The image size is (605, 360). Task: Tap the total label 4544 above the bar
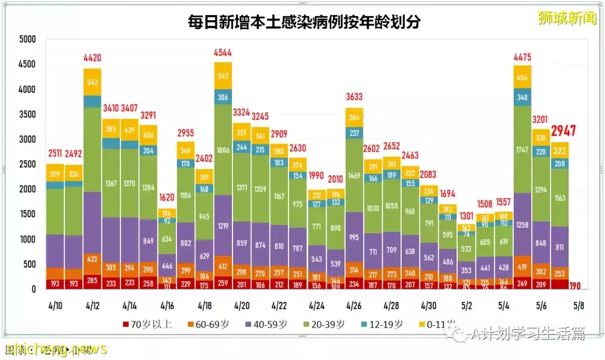[223, 53]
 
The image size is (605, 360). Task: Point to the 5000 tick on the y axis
[27, 40]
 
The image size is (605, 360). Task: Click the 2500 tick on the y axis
[27, 165]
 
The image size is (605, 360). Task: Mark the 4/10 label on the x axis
[55, 306]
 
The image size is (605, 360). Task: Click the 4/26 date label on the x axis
[354, 306]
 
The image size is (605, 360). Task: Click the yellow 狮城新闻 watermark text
[566, 18]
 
